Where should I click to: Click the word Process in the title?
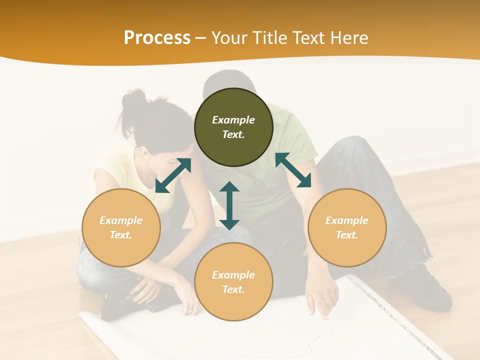(157, 38)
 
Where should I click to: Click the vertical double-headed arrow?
(229, 205)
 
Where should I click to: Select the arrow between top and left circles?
(173, 175)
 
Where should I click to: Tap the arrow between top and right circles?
(293, 170)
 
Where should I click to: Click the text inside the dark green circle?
(233, 127)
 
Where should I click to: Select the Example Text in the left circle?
(121, 227)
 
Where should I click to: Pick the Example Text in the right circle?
(347, 227)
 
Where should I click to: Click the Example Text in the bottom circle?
(233, 282)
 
